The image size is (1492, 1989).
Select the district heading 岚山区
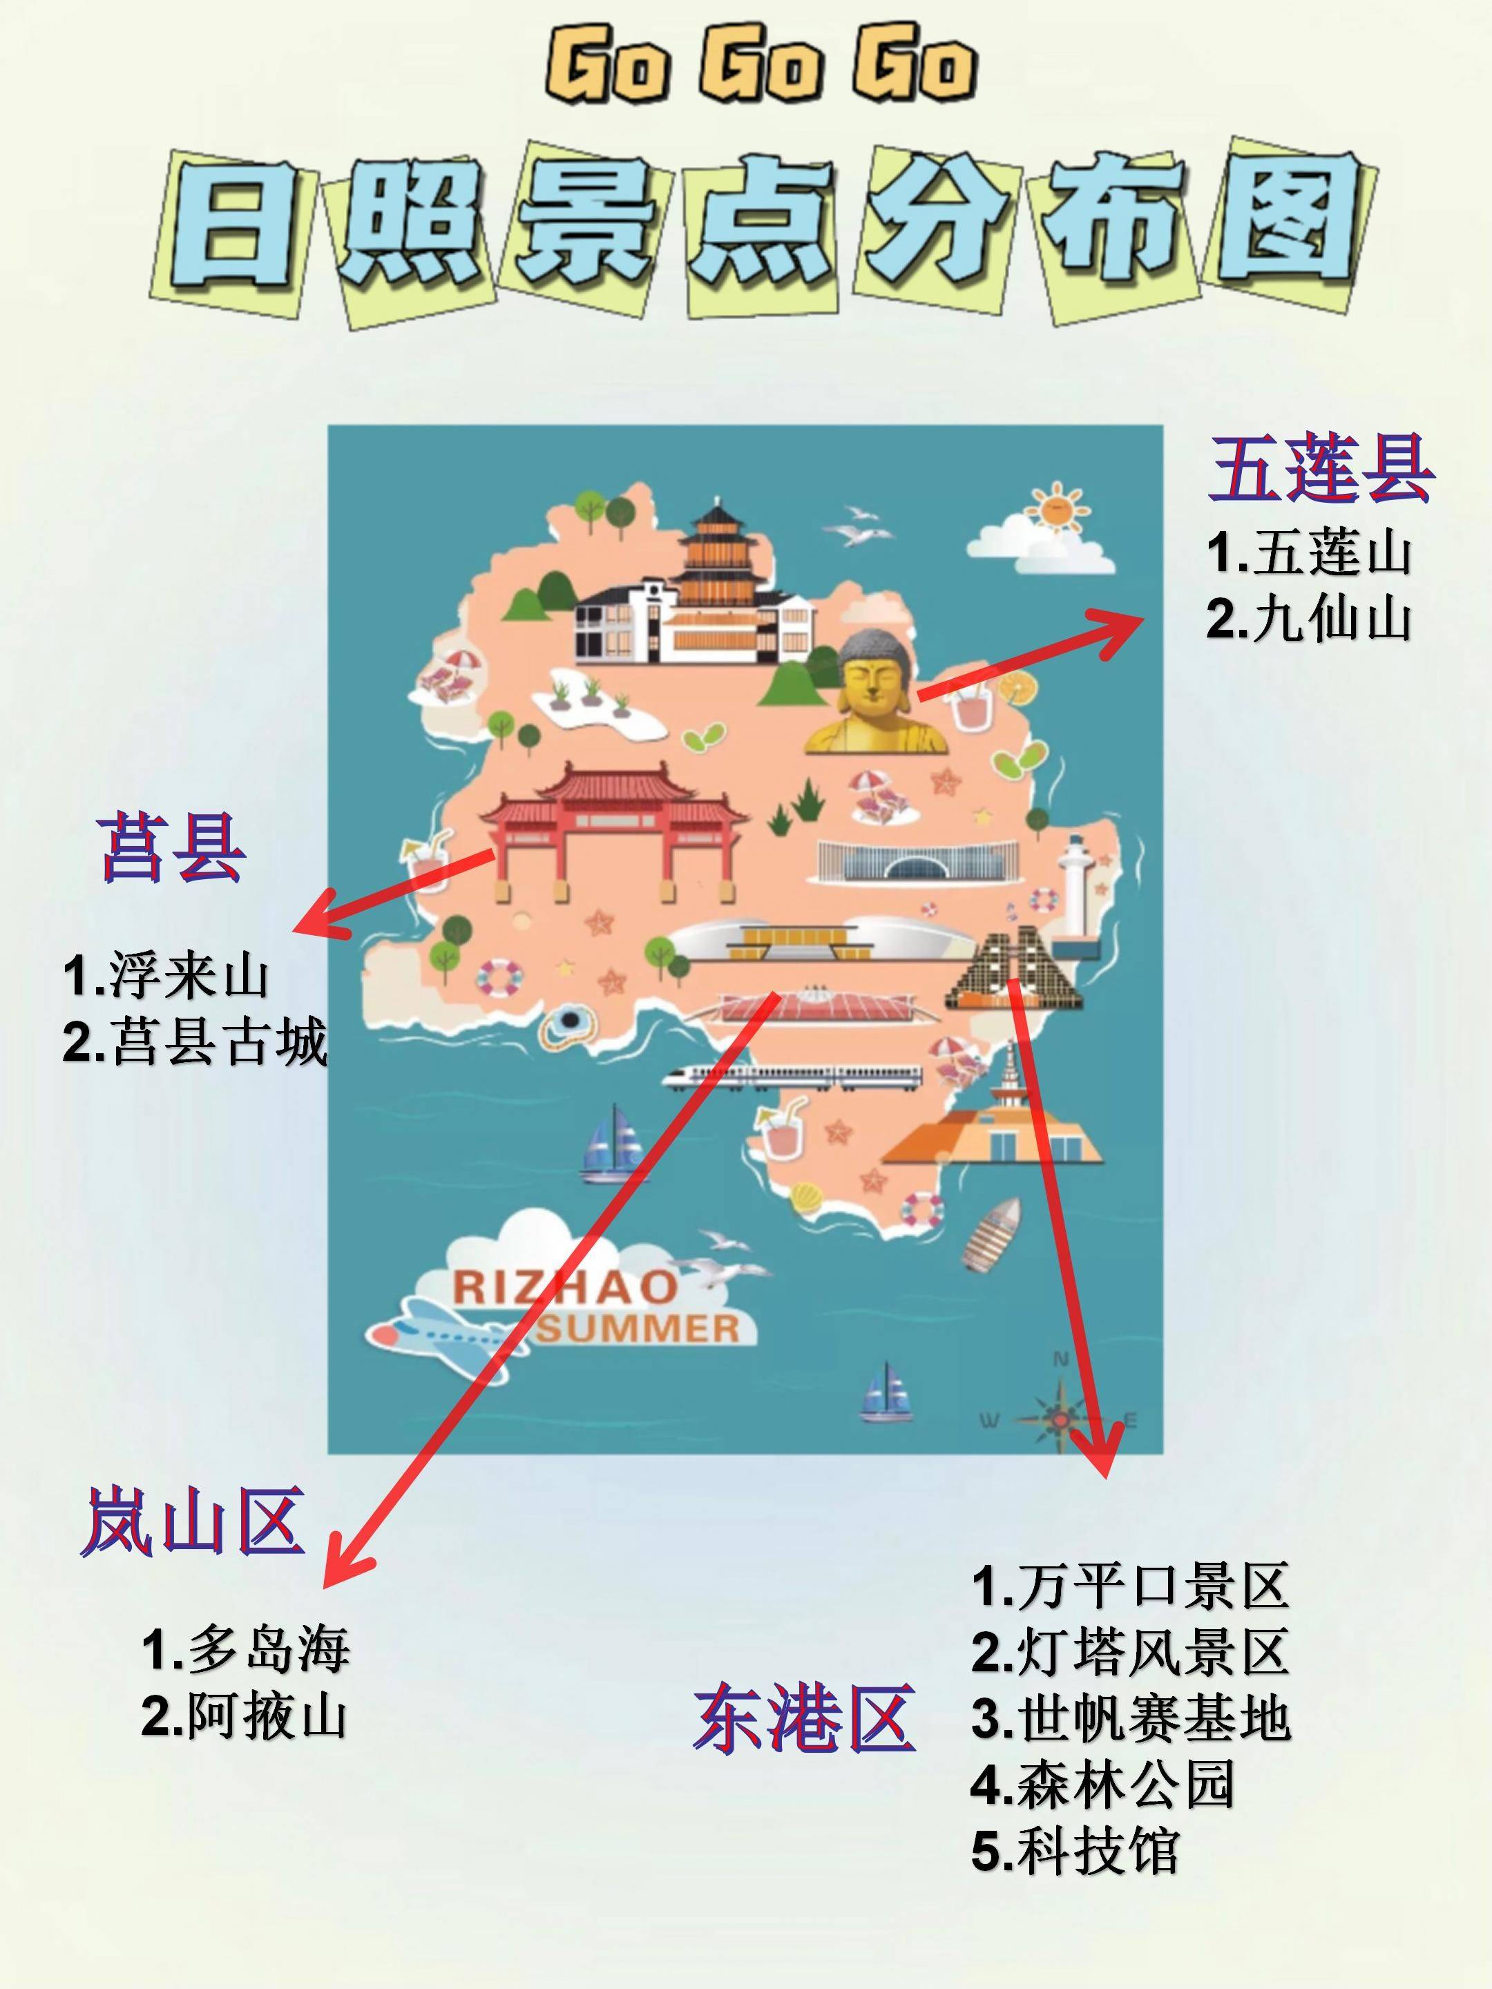pos(191,1521)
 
